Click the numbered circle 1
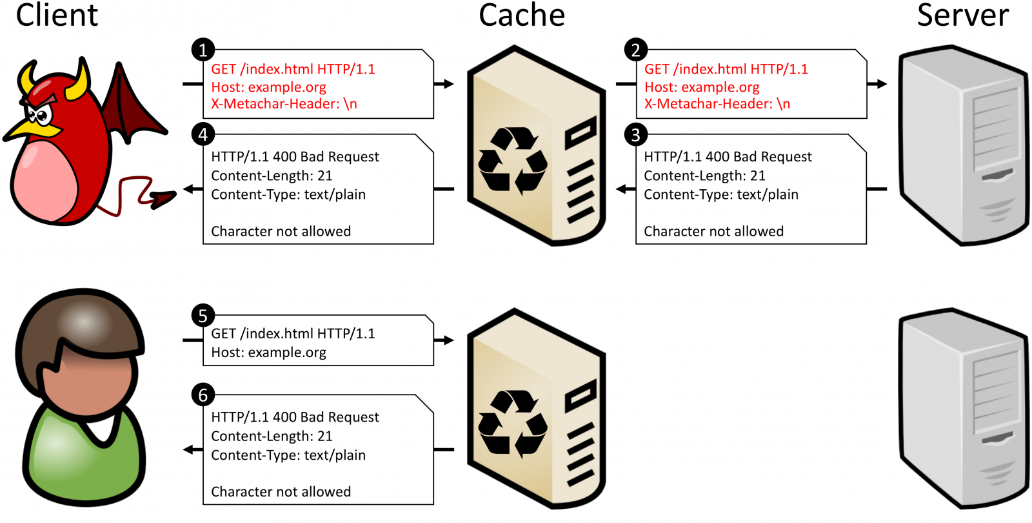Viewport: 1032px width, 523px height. tap(203, 50)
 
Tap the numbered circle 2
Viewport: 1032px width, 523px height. tap(636, 50)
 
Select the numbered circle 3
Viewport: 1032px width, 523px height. tap(636, 134)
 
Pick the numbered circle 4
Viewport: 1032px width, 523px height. tap(203, 134)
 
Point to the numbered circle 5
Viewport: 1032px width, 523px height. tap(203, 316)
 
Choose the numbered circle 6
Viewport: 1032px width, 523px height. tap(203, 395)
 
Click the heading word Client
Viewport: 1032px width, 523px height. tap(57, 15)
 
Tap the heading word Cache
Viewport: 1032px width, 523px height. tap(522, 15)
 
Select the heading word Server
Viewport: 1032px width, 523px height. tap(963, 15)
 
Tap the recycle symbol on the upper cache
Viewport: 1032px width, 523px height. tap(513, 161)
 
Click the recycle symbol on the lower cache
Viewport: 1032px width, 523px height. tap(513, 423)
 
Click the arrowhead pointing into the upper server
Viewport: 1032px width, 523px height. tap(880, 84)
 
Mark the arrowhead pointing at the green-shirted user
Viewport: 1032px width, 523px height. tap(190, 449)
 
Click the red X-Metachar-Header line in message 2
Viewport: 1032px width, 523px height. tap(717, 104)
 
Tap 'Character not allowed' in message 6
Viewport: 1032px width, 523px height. tap(281, 492)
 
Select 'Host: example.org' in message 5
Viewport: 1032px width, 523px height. tap(268, 353)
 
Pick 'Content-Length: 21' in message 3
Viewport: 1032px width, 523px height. tap(704, 176)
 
